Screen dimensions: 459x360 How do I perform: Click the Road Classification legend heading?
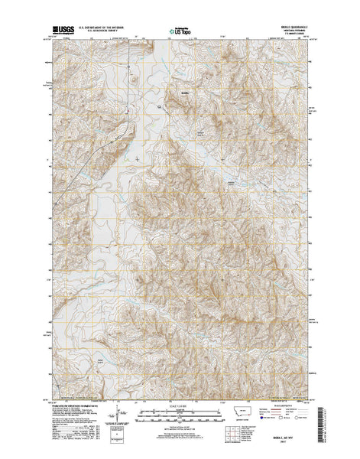[x=282, y=406]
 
